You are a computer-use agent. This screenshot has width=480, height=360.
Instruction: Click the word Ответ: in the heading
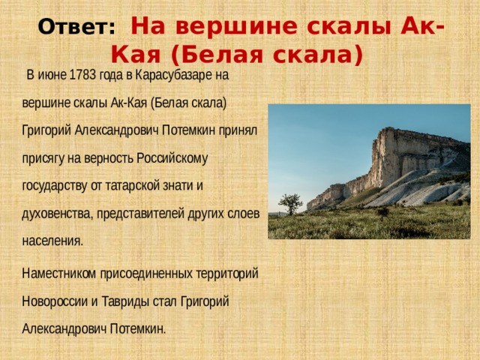tap(76, 28)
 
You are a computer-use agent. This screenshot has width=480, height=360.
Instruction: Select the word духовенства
tap(57, 214)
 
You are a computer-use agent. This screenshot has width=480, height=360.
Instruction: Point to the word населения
tap(52, 241)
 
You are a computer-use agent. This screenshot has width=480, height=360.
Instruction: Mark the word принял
tap(239, 130)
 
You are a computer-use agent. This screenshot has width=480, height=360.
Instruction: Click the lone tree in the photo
tap(289, 202)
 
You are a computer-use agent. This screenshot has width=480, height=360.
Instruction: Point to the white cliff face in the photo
tap(409, 157)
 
